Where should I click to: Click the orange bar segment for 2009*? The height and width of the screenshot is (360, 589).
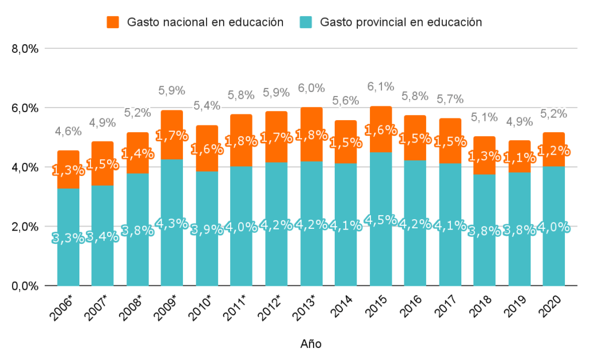(x=172, y=135)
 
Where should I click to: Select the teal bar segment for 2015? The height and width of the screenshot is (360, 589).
(x=380, y=253)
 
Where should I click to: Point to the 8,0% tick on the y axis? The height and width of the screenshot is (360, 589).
(x=25, y=49)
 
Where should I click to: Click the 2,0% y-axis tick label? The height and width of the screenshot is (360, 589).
(x=25, y=227)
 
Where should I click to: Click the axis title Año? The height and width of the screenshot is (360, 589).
(x=311, y=344)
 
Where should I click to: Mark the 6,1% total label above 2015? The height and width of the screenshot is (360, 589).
(x=380, y=87)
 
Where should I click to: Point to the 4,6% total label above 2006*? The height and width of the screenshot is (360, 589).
(x=68, y=131)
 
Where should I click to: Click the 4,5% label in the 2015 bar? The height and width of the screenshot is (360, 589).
(x=380, y=220)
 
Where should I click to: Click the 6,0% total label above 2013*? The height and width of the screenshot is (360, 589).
(x=311, y=88)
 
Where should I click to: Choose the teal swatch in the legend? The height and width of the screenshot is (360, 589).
(x=306, y=22)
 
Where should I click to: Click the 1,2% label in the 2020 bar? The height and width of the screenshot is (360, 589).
(x=553, y=151)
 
